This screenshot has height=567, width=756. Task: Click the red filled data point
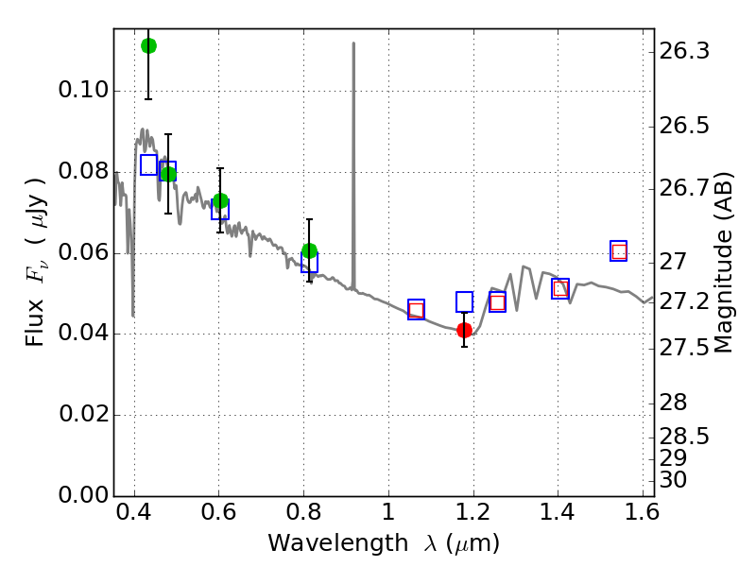point(464,330)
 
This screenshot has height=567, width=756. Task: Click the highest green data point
point(148,46)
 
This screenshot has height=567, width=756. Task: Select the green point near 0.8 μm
point(310,250)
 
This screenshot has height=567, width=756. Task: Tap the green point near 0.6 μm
point(220,200)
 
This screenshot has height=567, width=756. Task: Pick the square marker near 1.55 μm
point(619,251)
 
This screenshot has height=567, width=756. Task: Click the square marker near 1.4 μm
point(560,289)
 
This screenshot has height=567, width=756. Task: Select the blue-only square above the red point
point(464,301)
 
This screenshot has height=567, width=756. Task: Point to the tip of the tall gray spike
point(353,43)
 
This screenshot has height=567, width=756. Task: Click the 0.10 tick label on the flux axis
point(83,90)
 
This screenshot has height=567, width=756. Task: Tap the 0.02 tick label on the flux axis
point(84,414)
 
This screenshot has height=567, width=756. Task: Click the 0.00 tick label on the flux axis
point(83,495)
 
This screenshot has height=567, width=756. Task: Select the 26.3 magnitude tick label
point(684,51)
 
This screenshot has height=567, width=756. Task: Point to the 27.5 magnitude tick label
point(684,348)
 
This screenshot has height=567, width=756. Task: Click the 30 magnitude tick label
point(673,480)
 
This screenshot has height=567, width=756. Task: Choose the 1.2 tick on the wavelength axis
point(473,512)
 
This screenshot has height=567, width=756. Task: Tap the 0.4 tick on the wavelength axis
point(134,512)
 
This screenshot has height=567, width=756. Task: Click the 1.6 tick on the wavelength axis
point(643,512)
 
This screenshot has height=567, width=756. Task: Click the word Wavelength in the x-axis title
point(338,543)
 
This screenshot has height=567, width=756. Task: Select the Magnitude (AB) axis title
point(723,263)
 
